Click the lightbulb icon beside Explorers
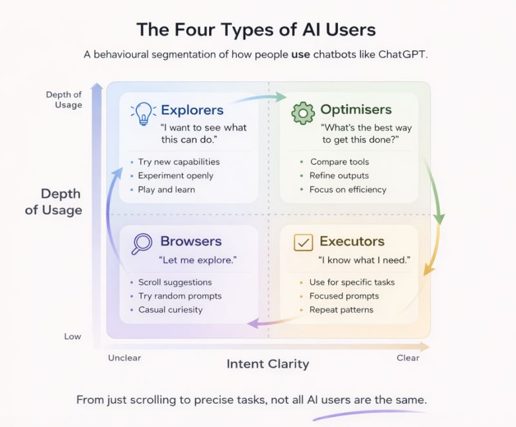(143, 114)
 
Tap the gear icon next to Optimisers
(303, 113)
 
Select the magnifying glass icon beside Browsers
(142, 243)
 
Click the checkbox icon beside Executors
(303, 243)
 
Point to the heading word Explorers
(192, 110)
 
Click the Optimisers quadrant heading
(355, 110)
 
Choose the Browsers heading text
(191, 242)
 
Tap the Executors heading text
(352, 242)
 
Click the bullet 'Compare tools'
(339, 162)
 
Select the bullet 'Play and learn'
(166, 190)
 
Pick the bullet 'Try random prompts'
(180, 296)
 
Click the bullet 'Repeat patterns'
(341, 310)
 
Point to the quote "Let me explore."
(198, 261)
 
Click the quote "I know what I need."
(364, 261)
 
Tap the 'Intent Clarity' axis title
(268, 364)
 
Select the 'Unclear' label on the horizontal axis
(124, 358)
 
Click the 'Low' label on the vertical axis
(72, 337)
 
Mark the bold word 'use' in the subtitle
(300, 54)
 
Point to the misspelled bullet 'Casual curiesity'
(170, 310)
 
